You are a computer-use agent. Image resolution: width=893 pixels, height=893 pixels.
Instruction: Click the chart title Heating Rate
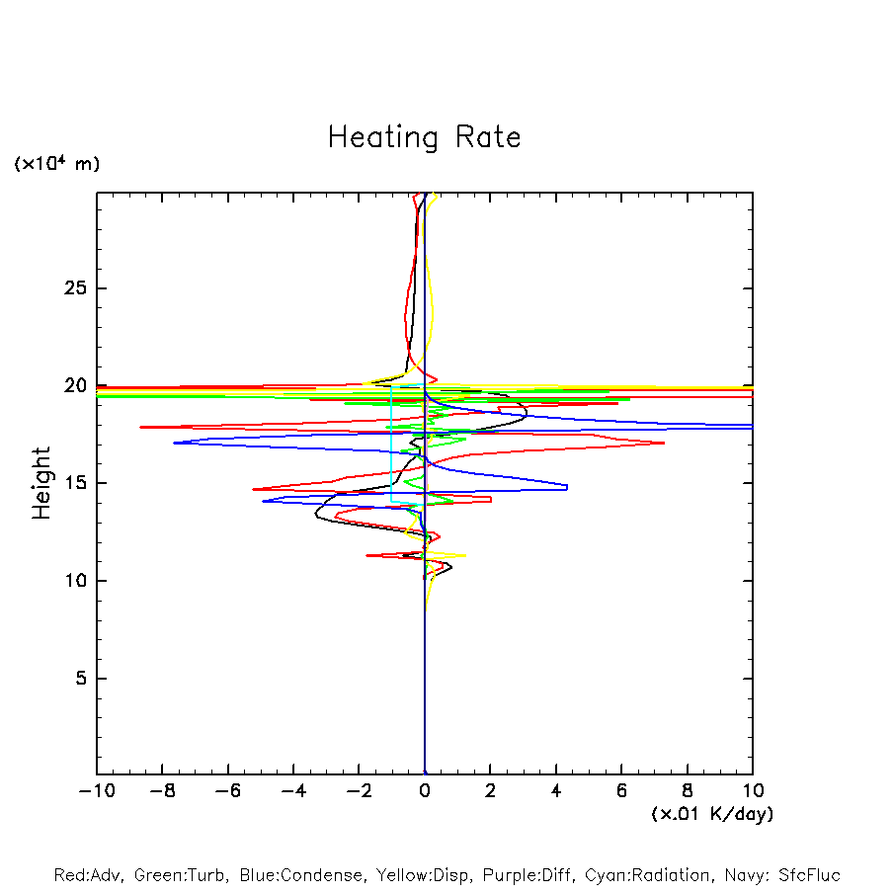click(424, 137)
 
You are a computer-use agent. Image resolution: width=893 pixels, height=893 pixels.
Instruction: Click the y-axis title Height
click(41, 483)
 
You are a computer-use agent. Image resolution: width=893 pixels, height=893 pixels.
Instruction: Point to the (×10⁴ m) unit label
click(56, 164)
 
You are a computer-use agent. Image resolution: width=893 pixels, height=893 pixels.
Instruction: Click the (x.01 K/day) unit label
click(711, 814)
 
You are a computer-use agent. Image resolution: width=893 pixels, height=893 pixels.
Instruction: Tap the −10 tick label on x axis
click(96, 791)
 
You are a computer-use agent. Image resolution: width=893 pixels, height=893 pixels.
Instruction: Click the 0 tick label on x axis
click(425, 791)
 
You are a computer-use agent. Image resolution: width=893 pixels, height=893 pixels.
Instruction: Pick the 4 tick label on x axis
click(556, 791)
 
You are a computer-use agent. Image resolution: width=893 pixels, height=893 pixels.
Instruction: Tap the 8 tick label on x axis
click(688, 791)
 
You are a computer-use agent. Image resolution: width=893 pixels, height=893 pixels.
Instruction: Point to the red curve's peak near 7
click(664, 443)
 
